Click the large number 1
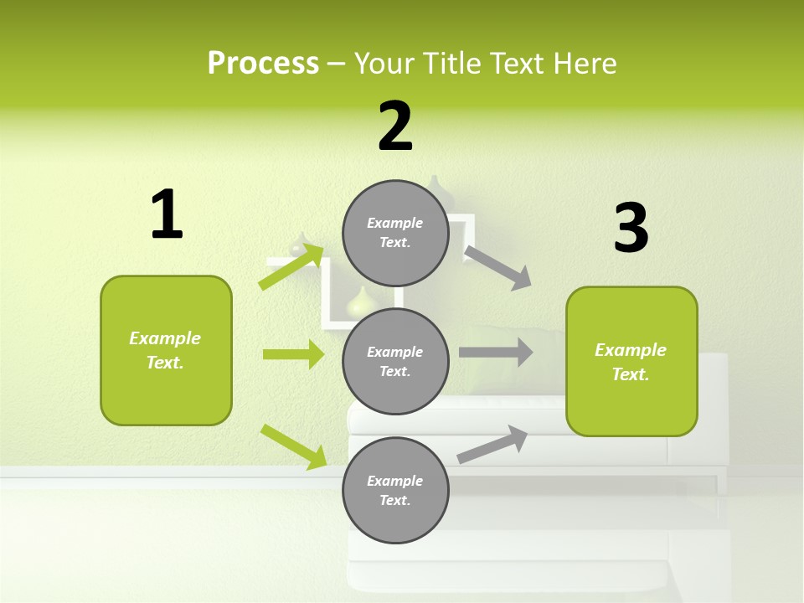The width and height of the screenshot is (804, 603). (167, 215)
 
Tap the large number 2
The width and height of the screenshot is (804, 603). (395, 126)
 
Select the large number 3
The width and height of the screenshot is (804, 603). (631, 229)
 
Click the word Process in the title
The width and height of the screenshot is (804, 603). (263, 64)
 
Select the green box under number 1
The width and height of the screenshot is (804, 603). (166, 350)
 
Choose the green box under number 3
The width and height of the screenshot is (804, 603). (631, 362)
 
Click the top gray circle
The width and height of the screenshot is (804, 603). (395, 233)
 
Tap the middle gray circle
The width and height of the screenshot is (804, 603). (395, 361)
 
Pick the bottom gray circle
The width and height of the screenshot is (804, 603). (395, 490)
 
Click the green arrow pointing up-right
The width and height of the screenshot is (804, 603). (291, 266)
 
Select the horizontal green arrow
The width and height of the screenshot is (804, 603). (293, 354)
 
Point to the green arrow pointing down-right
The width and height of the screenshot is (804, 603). (293, 446)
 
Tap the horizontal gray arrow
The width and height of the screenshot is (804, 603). (496, 353)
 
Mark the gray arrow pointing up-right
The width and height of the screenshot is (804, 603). (492, 445)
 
